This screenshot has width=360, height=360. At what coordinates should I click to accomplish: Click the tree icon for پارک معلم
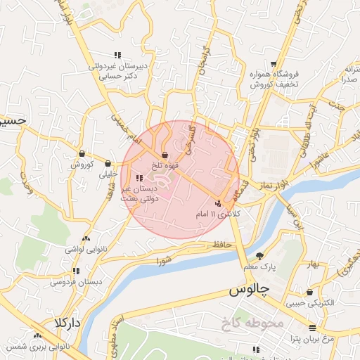pos(260,255)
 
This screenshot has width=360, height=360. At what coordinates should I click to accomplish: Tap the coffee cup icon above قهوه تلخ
pos(165,155)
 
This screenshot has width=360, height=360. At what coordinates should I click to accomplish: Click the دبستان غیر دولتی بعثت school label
pos(140,194)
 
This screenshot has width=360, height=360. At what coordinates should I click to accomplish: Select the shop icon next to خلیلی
pos(109,162)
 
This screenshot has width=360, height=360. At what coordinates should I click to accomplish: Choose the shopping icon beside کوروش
pos(82,153)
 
